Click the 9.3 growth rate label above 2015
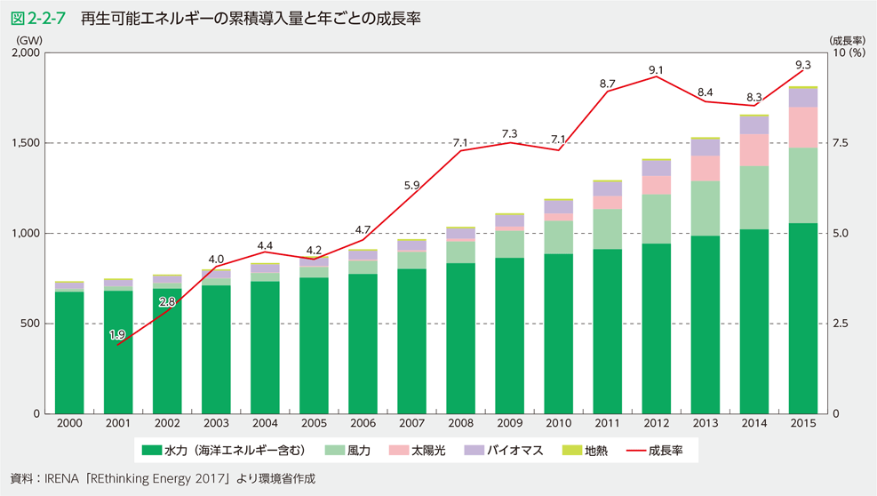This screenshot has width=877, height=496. click(803, 64)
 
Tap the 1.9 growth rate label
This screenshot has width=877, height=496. click(117, 334)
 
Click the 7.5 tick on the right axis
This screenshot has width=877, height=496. click(840, 143)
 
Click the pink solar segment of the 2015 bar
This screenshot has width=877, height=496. click(803, 127)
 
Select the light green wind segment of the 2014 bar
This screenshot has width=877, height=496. click(754, 197)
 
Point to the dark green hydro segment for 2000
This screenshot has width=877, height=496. click(69, 352)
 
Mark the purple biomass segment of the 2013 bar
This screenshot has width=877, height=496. click(706, 148)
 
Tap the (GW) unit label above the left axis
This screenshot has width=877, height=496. click(29, 40)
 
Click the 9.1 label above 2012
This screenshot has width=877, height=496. click(657, 68)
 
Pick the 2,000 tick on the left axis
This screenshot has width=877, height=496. click(27, 53)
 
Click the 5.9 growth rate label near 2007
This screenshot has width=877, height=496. click(411, 186)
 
